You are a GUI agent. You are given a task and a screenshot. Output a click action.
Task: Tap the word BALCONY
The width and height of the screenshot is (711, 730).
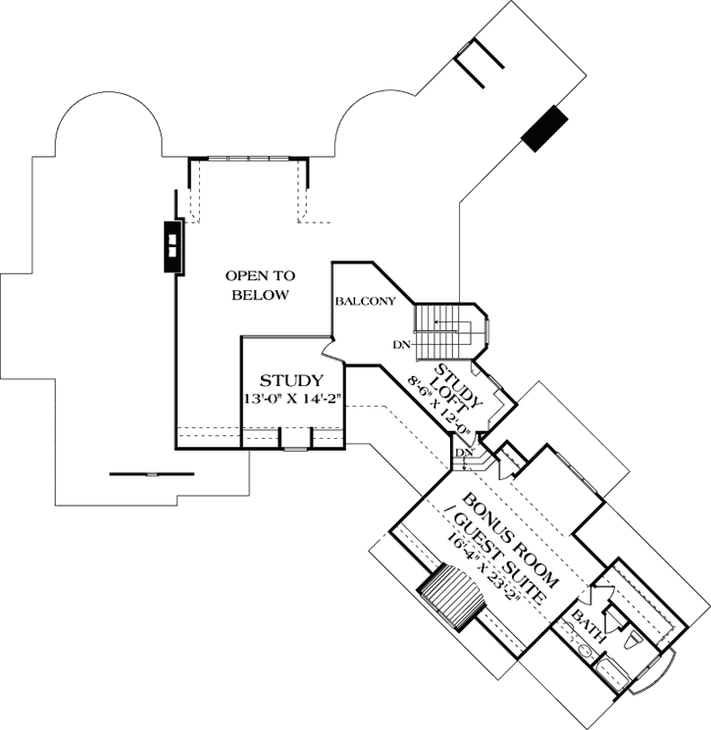point(364,301)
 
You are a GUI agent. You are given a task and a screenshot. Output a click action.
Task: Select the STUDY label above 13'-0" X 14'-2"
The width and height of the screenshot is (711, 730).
point(291,380)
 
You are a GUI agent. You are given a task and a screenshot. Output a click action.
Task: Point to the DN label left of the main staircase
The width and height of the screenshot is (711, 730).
point(401,344)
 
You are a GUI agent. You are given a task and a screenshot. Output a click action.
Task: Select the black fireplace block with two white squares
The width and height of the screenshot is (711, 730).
point(173,245)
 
